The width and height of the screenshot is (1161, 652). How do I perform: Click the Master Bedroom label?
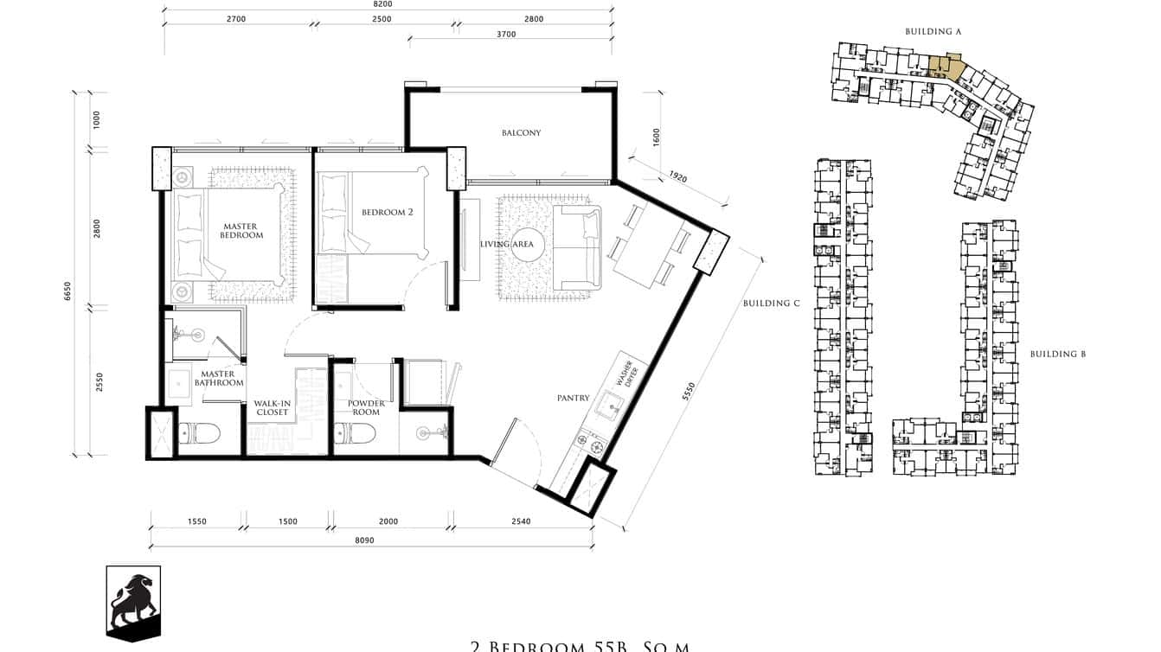pyautogui.click(x=241, y=231)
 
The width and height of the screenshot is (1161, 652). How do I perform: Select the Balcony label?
pyautogui.click(x=521, y=133)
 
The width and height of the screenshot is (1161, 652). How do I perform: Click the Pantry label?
pyautogui.click(x=573, y=399)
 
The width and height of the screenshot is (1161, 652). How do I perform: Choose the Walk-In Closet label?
pyautogui.click(x=272, y=408)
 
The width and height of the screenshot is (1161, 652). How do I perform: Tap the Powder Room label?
pyautogui.click(x=366, y=408)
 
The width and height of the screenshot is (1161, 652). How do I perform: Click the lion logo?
pyautogui.click(x=133, y=603)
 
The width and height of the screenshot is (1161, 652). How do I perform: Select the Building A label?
pyautogui.click(x=933, y=32)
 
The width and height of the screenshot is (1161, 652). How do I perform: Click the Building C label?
pyautogui.click(x=766, y=304)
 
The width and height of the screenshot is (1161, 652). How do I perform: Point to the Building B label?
pyautogui.click(x=1057, y=355)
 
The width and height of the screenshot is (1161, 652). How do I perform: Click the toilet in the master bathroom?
pyautogui.click(x=198, y=432)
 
